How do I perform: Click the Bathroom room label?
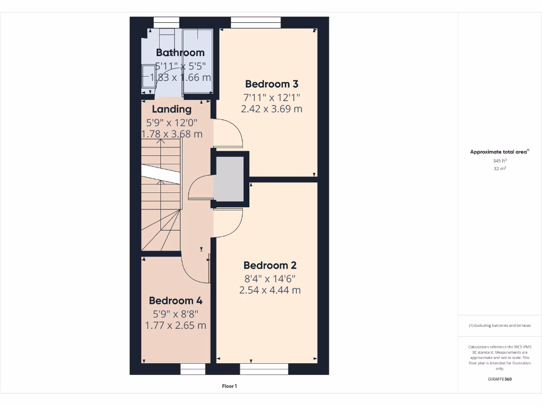180,52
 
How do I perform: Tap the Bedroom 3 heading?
272,84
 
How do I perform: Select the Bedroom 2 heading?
270,265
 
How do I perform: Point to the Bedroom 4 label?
176,300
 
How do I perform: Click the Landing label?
171,109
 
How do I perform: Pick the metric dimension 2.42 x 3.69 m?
272,109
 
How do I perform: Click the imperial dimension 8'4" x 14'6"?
270,278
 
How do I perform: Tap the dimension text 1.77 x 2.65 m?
176,325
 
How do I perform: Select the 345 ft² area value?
500,160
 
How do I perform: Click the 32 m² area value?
500,168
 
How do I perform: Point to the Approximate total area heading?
499,152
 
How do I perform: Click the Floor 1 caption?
229,386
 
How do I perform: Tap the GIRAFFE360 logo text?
500,379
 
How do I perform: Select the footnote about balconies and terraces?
500,326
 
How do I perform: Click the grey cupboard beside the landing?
228,179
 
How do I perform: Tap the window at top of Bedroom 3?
256,22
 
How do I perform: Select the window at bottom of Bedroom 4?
193,369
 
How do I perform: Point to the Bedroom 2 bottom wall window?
257,369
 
